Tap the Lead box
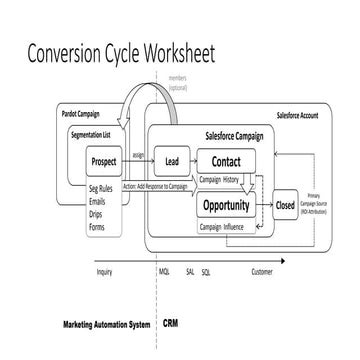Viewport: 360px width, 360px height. [172, 160]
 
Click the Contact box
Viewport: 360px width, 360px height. [226, 160]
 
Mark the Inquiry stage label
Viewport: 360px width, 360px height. [104, 272]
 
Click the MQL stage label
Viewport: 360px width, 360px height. [164, 272]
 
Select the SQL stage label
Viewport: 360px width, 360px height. [206, 272]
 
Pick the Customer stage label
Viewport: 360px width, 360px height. [262, 272]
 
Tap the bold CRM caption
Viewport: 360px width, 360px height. [171, 324]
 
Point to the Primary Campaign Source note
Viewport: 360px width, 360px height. [325, 207]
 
